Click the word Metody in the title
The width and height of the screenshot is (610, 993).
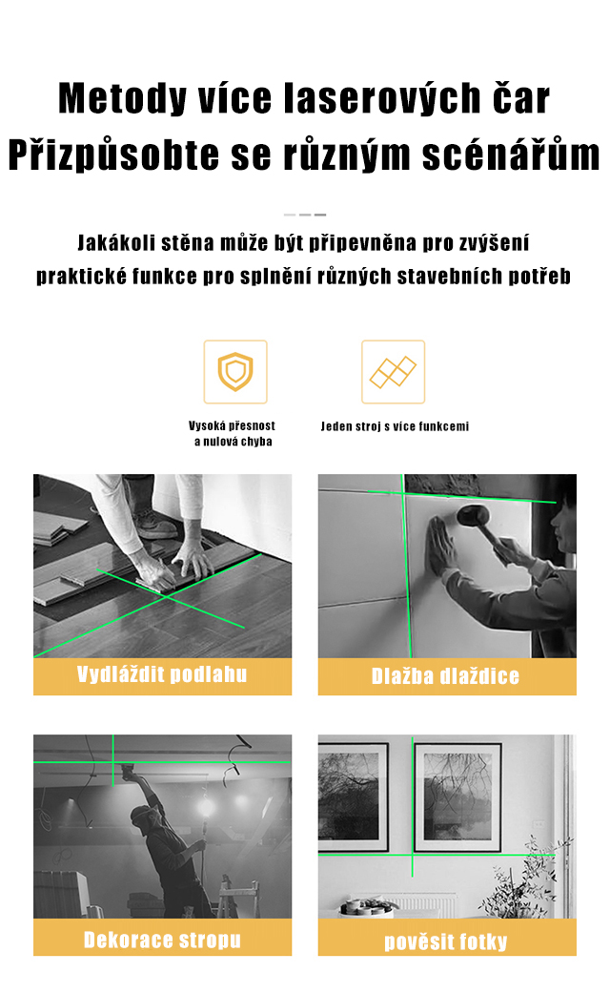[x=122, y=98]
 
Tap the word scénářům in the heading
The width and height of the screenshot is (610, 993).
[x=511, y=155]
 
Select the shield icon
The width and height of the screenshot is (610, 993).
[x=235, y=372]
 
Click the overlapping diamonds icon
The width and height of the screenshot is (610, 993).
[x=393, y=372]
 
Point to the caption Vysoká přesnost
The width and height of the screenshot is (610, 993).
[x=233, y=425]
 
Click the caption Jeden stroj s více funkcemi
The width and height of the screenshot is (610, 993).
[x=395, y=426]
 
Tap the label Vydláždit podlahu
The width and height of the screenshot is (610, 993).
[x=162, y=675]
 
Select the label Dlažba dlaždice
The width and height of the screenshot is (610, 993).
[x=445, y=676]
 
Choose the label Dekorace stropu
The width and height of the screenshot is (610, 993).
[x=162, y=940]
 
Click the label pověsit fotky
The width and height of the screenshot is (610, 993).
[x=446, y=941]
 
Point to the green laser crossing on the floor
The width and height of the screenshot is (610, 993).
[x=166, y=596]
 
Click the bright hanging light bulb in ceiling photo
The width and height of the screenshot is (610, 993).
[x=205, y=807]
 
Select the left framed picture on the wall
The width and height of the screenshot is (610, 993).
[x=353, y=796]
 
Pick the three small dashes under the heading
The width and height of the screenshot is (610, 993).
[x=305, y=215]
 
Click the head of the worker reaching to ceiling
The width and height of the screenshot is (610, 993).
[x=143, y=817]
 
